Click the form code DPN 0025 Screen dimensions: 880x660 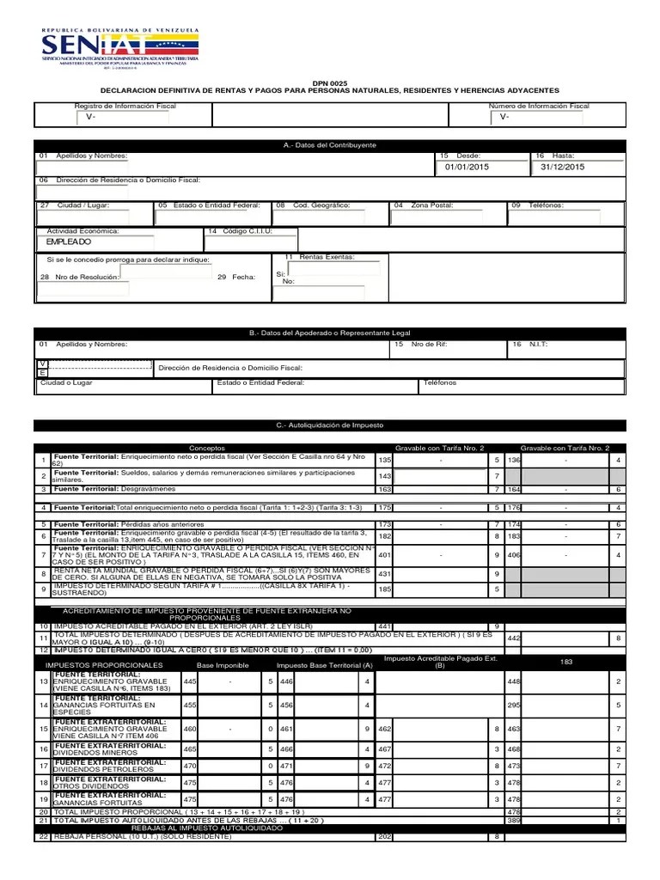click(329, 81)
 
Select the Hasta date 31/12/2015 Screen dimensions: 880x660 click(563, 167)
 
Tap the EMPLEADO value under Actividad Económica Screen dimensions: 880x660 click(69, 242)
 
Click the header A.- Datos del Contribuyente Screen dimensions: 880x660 click(329, 145)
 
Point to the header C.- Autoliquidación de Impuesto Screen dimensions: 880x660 click(329, 425)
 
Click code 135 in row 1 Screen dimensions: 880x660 click(385, 460)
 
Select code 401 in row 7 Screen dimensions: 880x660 click(385, 554)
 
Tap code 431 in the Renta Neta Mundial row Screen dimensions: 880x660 click(385, 573)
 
